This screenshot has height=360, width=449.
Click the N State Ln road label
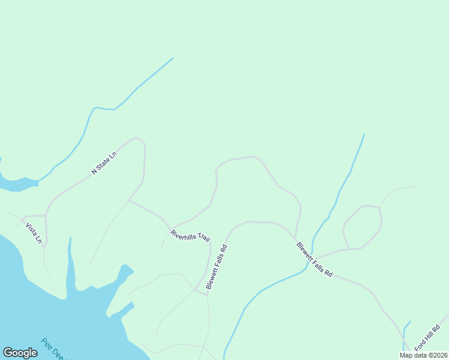tap(103, 163)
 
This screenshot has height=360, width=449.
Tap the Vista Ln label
tap(34, 233)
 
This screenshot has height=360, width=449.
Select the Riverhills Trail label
tap(190, 236)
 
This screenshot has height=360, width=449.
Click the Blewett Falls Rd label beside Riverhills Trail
tap(216, 267)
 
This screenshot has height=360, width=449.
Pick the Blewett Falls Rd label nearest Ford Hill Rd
tap(314, 259)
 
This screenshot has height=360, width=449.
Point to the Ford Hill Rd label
tap(427, 338)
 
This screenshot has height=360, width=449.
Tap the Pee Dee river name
tap(53, 349)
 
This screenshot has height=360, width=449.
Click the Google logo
tap(20, 353)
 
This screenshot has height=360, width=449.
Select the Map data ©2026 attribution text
tap(423, 355)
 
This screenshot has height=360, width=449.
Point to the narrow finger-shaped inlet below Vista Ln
tap(70, 264)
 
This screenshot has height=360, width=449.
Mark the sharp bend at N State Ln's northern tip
tap(139, 139)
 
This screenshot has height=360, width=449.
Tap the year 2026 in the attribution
tap(440, 355)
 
